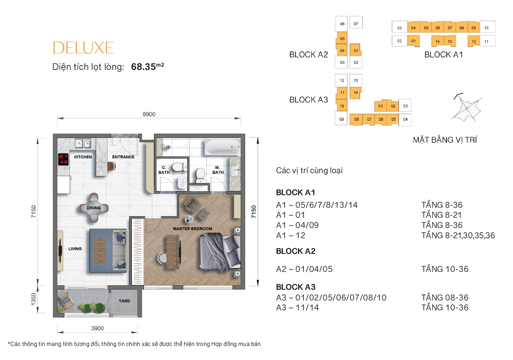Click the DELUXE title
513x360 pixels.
click(x=83, y=48)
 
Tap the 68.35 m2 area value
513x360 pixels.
click(x=147, y=66)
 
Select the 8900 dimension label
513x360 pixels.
click(x=149, y=114)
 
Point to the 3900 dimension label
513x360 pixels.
click(x=97, y=328)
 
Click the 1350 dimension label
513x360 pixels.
click(x=33, y=299)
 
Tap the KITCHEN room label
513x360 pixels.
click(x=83, y=157)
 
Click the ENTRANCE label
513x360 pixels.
click(x=123, y=157)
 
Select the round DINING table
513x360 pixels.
click(x=94, y=208)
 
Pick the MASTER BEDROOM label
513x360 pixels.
click(x=192, y=229)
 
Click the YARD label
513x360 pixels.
click(x=124, y=301)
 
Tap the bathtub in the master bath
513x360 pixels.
click(x=223, y=147)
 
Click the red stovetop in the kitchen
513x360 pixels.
click(x=63, y=159)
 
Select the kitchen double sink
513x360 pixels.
click(x=83, y=144)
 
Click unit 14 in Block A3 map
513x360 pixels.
click(x=356, y=93)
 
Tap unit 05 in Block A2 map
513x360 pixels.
click(x=342, y=38)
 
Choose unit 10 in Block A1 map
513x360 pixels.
click(x=486, y=28)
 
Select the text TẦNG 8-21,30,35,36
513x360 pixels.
click(x=458, y=235)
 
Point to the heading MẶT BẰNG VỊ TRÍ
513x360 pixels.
click(x=445, y=140)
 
